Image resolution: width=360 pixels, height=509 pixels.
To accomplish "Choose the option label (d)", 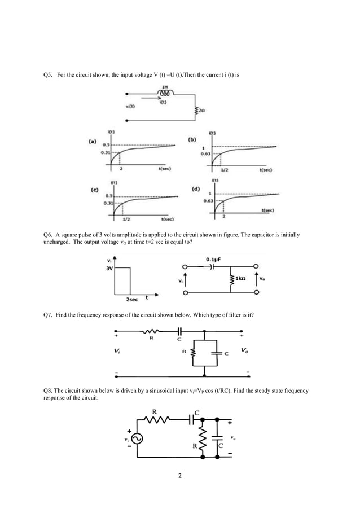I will click(x=196, y=189).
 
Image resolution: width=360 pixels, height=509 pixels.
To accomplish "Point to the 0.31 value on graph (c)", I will click(x=109, y=202).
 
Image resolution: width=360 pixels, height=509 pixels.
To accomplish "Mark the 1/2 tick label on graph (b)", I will click(x=225, y=169).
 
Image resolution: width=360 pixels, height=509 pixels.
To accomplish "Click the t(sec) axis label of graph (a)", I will click(x=165, y=169).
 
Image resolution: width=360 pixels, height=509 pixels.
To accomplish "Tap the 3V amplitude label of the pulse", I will click(x=109, y=269).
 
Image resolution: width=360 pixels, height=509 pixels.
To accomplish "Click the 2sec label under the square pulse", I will click(x=133, y=300).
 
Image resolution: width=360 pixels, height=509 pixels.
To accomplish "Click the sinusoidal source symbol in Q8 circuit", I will click(x=136, y=437).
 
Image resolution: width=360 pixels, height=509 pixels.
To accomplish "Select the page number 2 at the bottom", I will click(x=179, y=476).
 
